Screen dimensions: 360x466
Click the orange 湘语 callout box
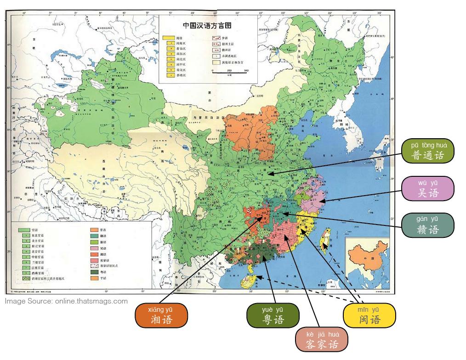(161, 315)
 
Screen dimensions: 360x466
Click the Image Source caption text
(66, 301)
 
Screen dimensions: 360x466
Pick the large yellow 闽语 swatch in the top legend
(169, 37)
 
